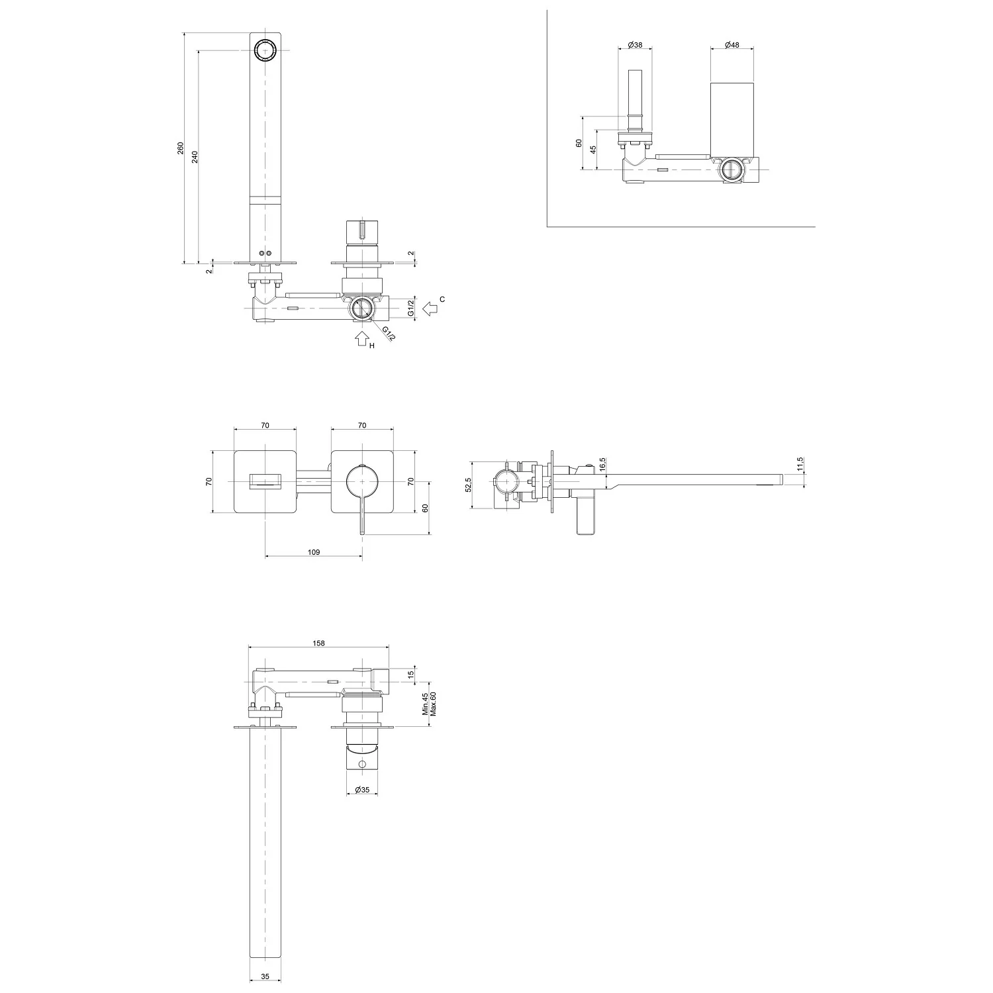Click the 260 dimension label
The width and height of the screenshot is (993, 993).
(181, 148)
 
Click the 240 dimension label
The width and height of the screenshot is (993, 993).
(195, 156)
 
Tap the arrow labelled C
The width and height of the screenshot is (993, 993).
(431, 308)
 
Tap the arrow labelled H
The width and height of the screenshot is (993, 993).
(361, 338)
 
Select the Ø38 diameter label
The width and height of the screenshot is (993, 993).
(635, 44)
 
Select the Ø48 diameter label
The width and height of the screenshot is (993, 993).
(732, 44)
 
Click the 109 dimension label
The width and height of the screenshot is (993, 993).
(314, 552)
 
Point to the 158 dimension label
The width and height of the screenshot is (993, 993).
(318, 642)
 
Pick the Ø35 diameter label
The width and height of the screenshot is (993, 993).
(361, 790)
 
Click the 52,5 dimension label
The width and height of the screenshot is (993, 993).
(469, 485)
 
